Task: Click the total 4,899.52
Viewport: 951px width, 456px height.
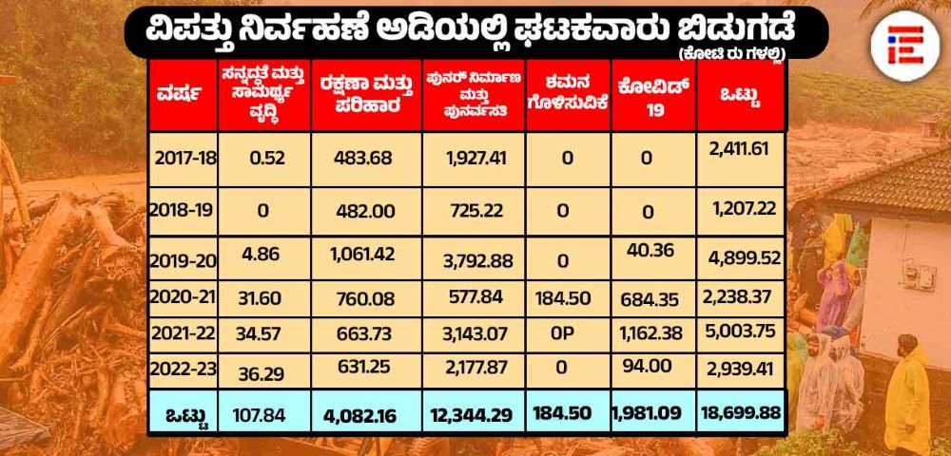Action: pos(743,256)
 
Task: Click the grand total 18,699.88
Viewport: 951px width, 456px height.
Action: pos(742,413)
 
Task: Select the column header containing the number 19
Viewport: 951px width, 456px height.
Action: pos(651,96)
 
